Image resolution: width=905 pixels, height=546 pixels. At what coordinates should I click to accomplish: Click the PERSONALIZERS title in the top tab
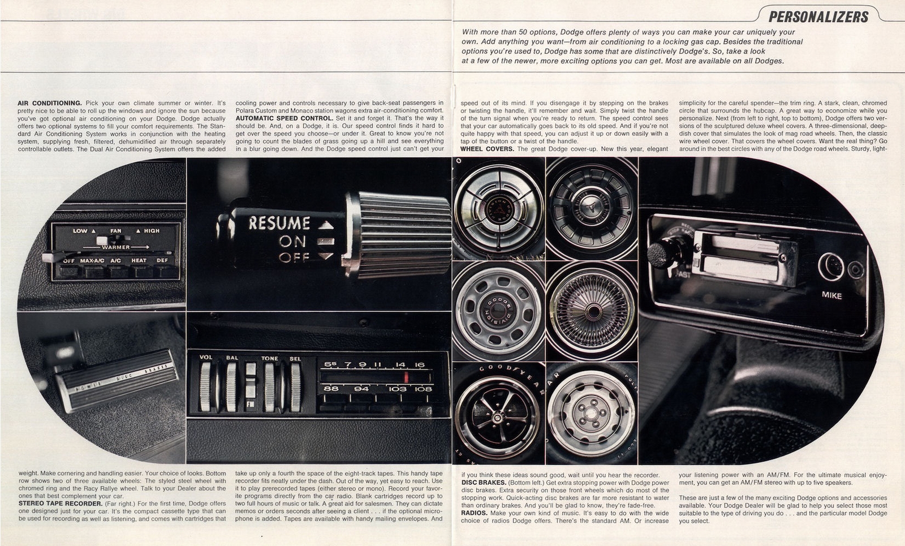(x=818, y=16)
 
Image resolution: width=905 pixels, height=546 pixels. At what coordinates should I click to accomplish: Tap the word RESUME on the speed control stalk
(x=279, y=223)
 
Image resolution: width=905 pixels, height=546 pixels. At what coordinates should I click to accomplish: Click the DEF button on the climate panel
(x=162, y=261)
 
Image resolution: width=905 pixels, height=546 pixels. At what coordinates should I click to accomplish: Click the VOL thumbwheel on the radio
(x=205, y=387)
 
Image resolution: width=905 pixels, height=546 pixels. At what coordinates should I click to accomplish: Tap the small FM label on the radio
(x=249, y=405)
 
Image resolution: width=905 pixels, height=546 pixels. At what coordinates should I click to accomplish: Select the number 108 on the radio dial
(x=423, y=389)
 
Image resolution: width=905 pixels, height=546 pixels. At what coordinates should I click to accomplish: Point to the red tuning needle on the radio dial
(x=406, y=377)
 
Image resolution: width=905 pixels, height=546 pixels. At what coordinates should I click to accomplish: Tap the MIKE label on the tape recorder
(x=831, y=295)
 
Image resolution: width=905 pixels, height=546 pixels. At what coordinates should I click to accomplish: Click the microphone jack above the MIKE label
(x=831, y=266)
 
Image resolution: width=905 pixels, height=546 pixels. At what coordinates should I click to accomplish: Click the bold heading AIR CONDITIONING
(x=50, y=103)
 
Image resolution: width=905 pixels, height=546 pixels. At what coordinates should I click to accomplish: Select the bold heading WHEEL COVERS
(x=487, y=149)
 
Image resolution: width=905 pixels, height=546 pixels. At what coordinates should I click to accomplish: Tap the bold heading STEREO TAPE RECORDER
(x=60, y=503)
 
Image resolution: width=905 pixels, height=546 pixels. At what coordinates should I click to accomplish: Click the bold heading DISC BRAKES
(x=484, y=483)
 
